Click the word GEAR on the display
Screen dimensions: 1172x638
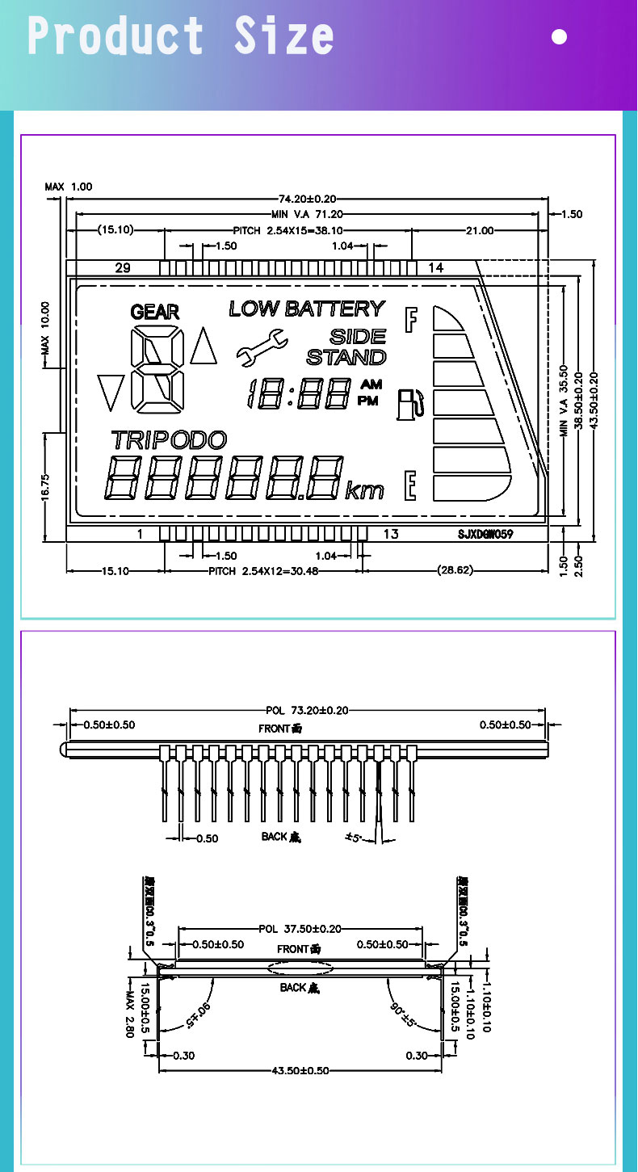pyautogui.click(x=154, y=312)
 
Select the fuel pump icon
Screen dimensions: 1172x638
pyautogui.click(x=409, y=404)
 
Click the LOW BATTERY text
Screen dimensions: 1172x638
pyautogui.click(x=307, y=309)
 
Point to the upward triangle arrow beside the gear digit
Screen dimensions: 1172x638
pyautogui.click(x=203, y=345)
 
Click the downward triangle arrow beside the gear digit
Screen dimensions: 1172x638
pyautogui.click(x=110, y=392)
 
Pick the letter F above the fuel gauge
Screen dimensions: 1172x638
pyautogui.click(x=412, y=320)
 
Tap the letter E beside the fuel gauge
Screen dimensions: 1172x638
pyautogui.click(x=411, y=485)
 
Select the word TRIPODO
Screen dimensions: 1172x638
pyautogui.click(x=169, y=440)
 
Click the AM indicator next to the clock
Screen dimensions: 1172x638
pyautogui.click(x=371, y=385)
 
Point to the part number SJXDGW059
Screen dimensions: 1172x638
pyautogui.click(x=485, y=534)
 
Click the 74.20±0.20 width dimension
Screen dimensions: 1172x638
pyautogui.click(x=307, y=199)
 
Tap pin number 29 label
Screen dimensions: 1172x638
pyautogui.click(x=123, y=268)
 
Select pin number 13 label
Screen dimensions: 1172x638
pyautogui.click(x=391, y=534)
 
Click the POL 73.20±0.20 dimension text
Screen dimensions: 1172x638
pyautogui.click(x=307, y=711)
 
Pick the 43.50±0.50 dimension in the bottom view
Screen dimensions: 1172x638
pyautogui.click(x=300, y=1071)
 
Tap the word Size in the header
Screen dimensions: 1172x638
pyautogui.click(x=283, y=36)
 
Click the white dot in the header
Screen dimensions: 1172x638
pyautogui.click(x=559, y=36)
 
